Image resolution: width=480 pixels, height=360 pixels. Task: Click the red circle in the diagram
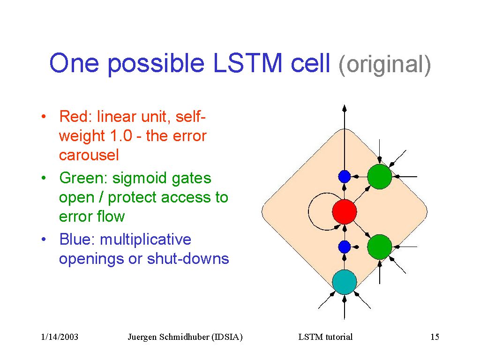pos(345,211)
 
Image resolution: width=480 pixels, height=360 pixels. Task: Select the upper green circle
pos(380,177)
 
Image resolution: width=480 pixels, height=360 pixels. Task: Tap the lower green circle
pos(380,247)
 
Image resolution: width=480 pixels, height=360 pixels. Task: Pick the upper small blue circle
pos(345,177)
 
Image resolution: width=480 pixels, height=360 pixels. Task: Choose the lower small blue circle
pos(345,247)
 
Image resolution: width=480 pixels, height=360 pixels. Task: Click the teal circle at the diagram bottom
pos(345,282)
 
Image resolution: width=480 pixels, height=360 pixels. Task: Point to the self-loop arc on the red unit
pos(308,211)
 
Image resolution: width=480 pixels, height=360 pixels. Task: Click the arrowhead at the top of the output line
pos(345,108)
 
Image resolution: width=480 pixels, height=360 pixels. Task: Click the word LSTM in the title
pos(247,63)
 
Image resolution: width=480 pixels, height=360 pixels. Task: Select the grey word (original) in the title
pos(384,65)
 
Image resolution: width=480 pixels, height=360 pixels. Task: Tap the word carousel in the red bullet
pos(89,155)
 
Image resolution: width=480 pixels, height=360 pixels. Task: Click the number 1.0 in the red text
pos(121,135)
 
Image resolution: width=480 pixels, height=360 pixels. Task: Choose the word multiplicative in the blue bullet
pos(145,240)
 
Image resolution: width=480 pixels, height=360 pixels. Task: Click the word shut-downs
pos(188,258)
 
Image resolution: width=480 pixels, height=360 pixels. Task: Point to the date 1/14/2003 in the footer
pos(60,337)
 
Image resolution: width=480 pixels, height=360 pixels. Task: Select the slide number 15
pos(435,337)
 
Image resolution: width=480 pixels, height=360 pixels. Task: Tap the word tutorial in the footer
pos(339,337)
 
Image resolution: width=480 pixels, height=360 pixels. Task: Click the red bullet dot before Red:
pos(44,117)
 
